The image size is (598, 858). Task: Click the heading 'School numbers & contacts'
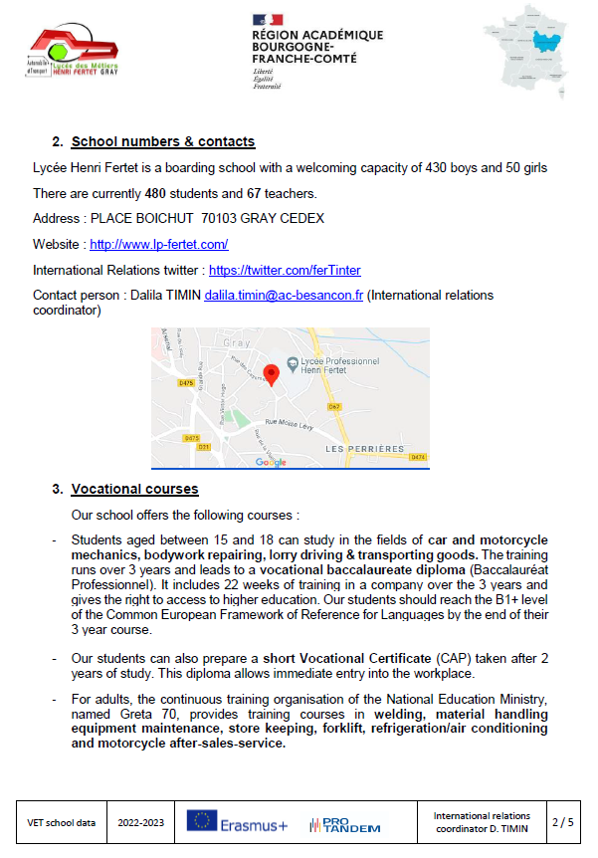click(162, 142)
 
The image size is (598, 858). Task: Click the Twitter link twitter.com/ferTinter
click(285, 270)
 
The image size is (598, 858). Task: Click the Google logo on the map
click(271, 462)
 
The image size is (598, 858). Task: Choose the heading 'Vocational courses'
click(134, 490)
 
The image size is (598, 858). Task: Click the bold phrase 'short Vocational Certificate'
click(346, 658)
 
